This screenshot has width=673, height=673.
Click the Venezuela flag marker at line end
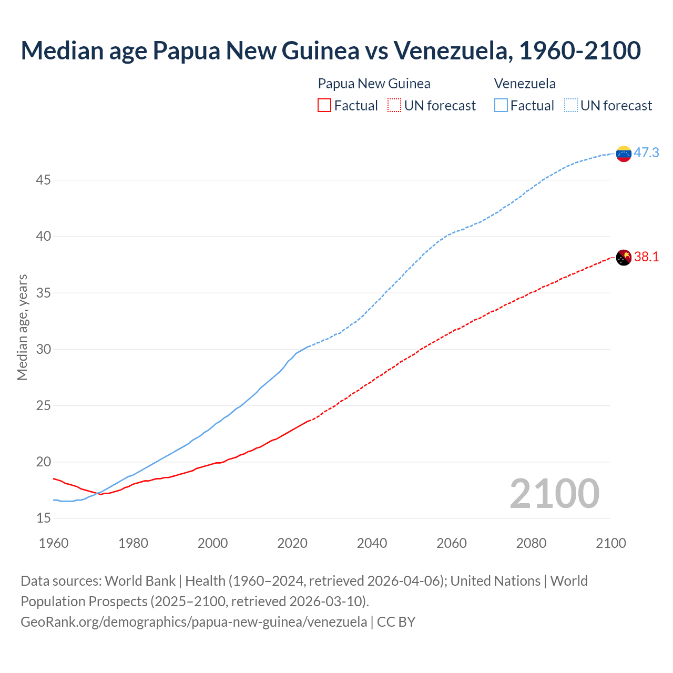pos(624,154)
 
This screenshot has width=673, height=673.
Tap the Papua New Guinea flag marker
pos(624,258)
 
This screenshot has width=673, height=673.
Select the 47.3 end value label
pos(646,152)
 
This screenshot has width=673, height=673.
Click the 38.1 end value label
pos(646,257)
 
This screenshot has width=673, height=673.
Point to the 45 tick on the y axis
pos(43,180)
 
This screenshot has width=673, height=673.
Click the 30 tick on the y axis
pos(43,350)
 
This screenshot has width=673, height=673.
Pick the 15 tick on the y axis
pos(43,518)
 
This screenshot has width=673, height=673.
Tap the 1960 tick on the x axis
pos(54,543)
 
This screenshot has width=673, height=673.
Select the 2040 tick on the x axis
pos(372,543)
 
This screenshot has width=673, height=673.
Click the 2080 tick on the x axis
pos(531,543)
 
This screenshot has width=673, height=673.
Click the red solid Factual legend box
pos(324,106)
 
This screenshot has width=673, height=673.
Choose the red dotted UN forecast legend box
pos(394,106)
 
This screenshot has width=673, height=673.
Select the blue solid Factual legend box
pos(501,106)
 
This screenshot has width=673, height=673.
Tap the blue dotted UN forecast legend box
pos(570,106)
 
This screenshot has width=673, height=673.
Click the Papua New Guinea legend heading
pos(374,84)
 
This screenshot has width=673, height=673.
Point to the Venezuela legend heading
pos(525,84)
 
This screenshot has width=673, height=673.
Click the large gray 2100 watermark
pos(554,493)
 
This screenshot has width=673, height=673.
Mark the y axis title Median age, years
pos(22,327)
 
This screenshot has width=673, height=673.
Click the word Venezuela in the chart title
pos(451,50)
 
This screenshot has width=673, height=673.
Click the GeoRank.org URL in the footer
pos(193,621)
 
